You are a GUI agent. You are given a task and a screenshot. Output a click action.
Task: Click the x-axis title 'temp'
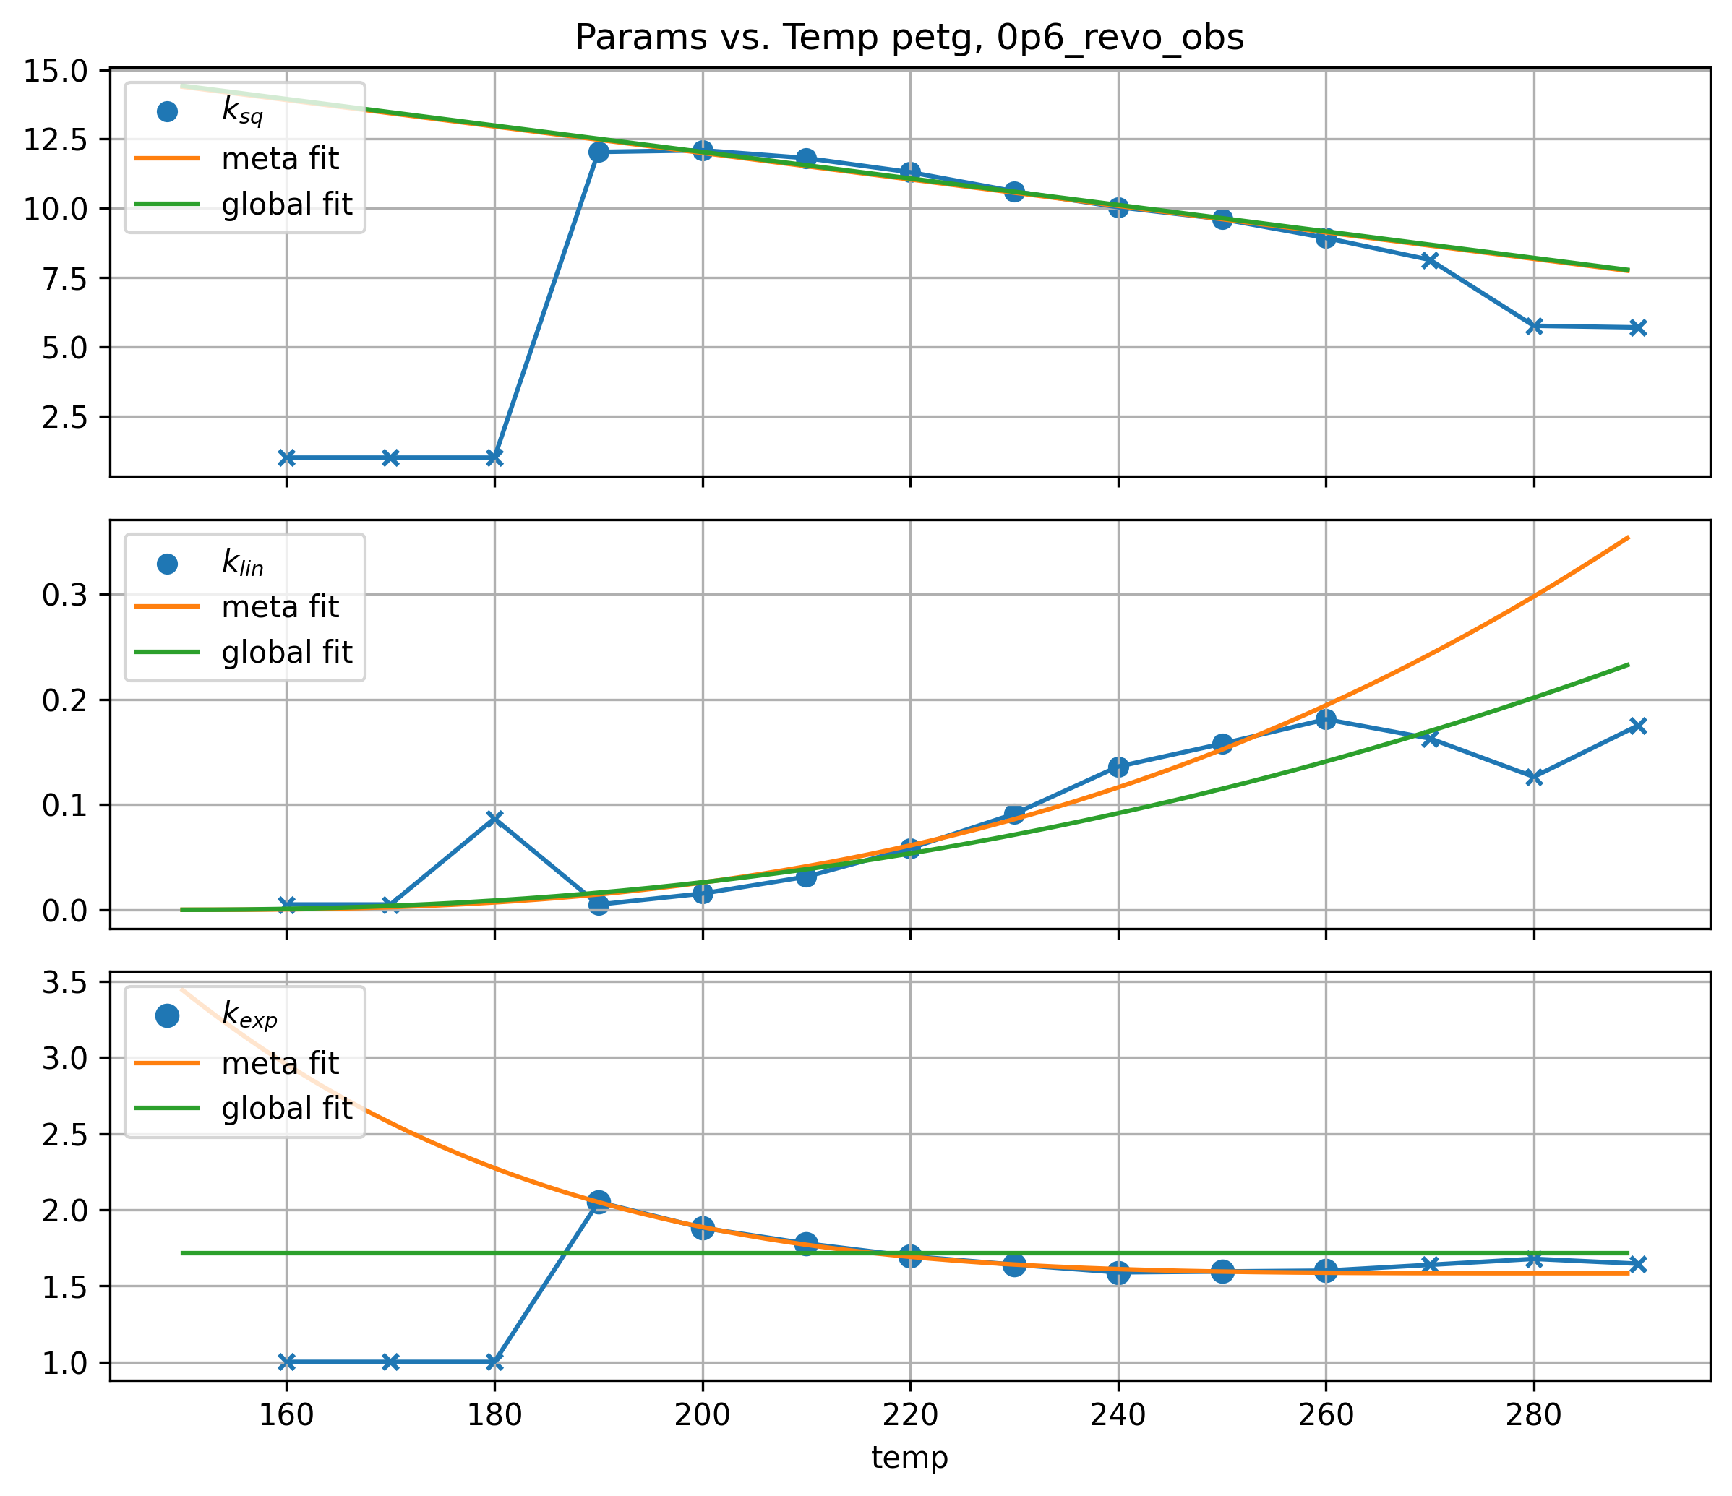point(909,1458)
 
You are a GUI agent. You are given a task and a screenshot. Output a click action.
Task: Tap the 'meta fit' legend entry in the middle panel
point(280,607)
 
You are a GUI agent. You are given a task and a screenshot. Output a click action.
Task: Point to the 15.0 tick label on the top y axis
point(55,71)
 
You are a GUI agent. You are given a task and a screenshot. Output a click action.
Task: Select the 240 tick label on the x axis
point(1118,1415)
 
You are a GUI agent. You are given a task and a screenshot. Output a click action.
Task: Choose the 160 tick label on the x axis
point(287,1415)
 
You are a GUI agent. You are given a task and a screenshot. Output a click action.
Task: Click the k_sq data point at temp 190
point(599,152)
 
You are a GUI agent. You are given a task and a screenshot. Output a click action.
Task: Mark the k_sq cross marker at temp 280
point(1534,326)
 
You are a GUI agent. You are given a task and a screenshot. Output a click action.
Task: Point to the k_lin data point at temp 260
point(1326,720)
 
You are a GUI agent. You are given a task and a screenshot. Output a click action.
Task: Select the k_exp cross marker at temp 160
point(287,1362)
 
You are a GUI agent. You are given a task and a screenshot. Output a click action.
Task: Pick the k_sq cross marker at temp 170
point(390,457)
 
